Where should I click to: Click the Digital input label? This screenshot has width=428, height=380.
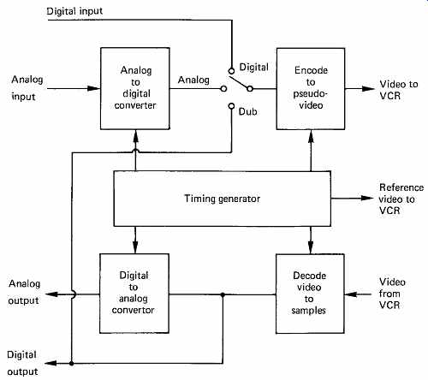tap(74, 11)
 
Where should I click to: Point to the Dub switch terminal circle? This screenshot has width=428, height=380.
tap(231, 106)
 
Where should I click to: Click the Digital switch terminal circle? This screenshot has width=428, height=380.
tap(231, 71)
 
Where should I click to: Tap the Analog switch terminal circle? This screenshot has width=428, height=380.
tap(223, 89)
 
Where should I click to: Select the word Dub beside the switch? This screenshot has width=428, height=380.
tap(247, 111)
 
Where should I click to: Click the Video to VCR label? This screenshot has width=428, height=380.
tap(399, 90)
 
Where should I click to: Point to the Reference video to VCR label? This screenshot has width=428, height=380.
tap(401, 199)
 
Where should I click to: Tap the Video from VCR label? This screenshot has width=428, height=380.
tap(392, 294)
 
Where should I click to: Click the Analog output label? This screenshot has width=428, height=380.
tap(24, 292)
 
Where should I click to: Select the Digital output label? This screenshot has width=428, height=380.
tap(22, 363)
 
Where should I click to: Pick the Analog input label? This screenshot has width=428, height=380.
tap(27, 88)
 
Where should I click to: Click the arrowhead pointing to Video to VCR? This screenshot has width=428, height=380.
tap(368, 88)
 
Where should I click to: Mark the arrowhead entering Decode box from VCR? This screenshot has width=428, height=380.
tap(351, 294)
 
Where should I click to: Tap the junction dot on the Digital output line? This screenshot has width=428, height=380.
tap(71, 364)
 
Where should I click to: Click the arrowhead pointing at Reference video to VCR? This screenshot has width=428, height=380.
tap(367, 198)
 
